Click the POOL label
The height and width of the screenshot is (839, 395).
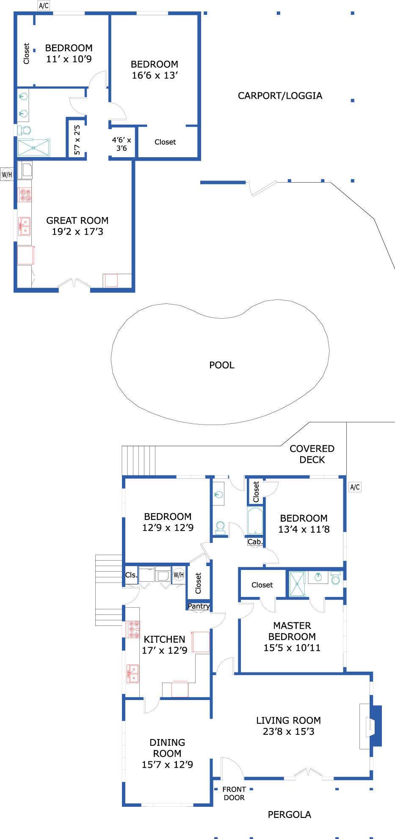tap(222, 365)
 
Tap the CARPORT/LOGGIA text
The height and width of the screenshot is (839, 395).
tap(280, 96)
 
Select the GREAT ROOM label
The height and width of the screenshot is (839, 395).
tap(77, 220)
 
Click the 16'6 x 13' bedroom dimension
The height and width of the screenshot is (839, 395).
tap(155, 75)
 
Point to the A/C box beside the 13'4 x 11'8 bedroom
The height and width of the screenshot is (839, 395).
tap(355, 487)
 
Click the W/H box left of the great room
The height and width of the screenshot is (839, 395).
tap(7, 174)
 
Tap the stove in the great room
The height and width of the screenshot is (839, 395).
tap(25, 195)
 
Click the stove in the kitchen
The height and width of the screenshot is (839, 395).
tap(134, 629)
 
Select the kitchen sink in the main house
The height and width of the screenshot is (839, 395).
tap(133, 674)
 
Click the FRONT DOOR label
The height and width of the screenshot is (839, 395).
tap(234, 794)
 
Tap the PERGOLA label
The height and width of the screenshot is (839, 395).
tap(290, 814)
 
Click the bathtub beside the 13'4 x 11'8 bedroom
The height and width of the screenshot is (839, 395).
tap(255, 521)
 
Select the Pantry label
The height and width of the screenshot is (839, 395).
tap(199, 606)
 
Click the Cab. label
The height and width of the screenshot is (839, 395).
tap(255, 542)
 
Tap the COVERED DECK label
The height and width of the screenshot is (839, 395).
tap(312, 454)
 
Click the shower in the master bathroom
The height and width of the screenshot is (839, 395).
tap(297, 583)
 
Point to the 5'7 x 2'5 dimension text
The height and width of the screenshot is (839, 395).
tap(77, 140)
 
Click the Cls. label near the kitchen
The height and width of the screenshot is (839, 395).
tap(131, 575)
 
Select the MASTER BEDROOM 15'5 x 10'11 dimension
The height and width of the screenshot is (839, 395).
tap(292, 648)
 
